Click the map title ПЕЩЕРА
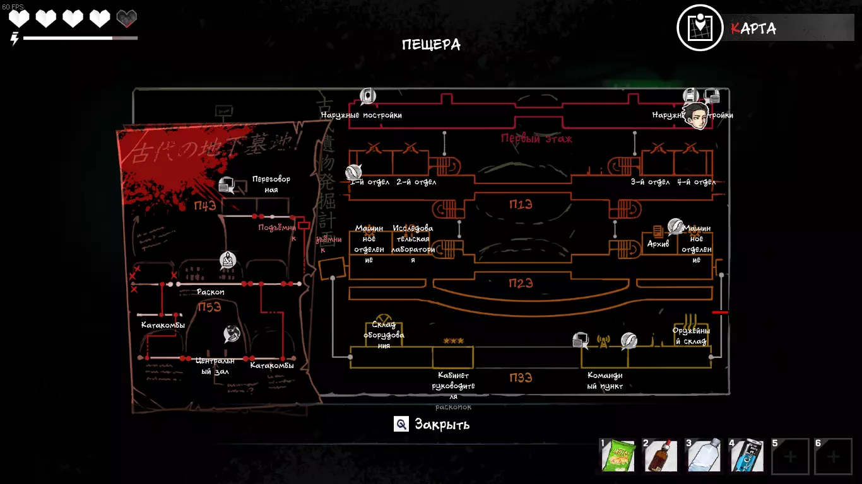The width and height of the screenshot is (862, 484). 431,45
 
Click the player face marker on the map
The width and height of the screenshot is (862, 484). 696,117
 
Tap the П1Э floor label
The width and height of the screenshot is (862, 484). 521,204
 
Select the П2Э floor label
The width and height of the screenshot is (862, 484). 521,284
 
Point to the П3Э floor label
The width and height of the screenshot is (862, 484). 521,378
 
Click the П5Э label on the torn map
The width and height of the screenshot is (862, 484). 210,308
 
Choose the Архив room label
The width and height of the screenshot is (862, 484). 658,244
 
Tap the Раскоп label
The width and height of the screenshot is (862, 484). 210,292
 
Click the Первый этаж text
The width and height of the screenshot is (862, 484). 536,139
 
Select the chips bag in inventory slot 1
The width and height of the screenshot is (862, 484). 618,456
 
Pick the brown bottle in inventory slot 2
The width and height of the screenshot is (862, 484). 660,456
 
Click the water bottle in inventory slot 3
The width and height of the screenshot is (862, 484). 703,456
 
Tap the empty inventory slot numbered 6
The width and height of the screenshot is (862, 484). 833,456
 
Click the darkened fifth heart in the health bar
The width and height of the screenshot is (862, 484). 127,18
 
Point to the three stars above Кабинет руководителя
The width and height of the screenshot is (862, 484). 453,341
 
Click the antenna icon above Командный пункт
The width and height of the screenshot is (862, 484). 603,342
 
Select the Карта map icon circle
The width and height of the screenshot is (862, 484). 700,28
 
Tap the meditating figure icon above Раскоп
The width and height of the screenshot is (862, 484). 227,260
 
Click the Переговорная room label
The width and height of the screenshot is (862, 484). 271,185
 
